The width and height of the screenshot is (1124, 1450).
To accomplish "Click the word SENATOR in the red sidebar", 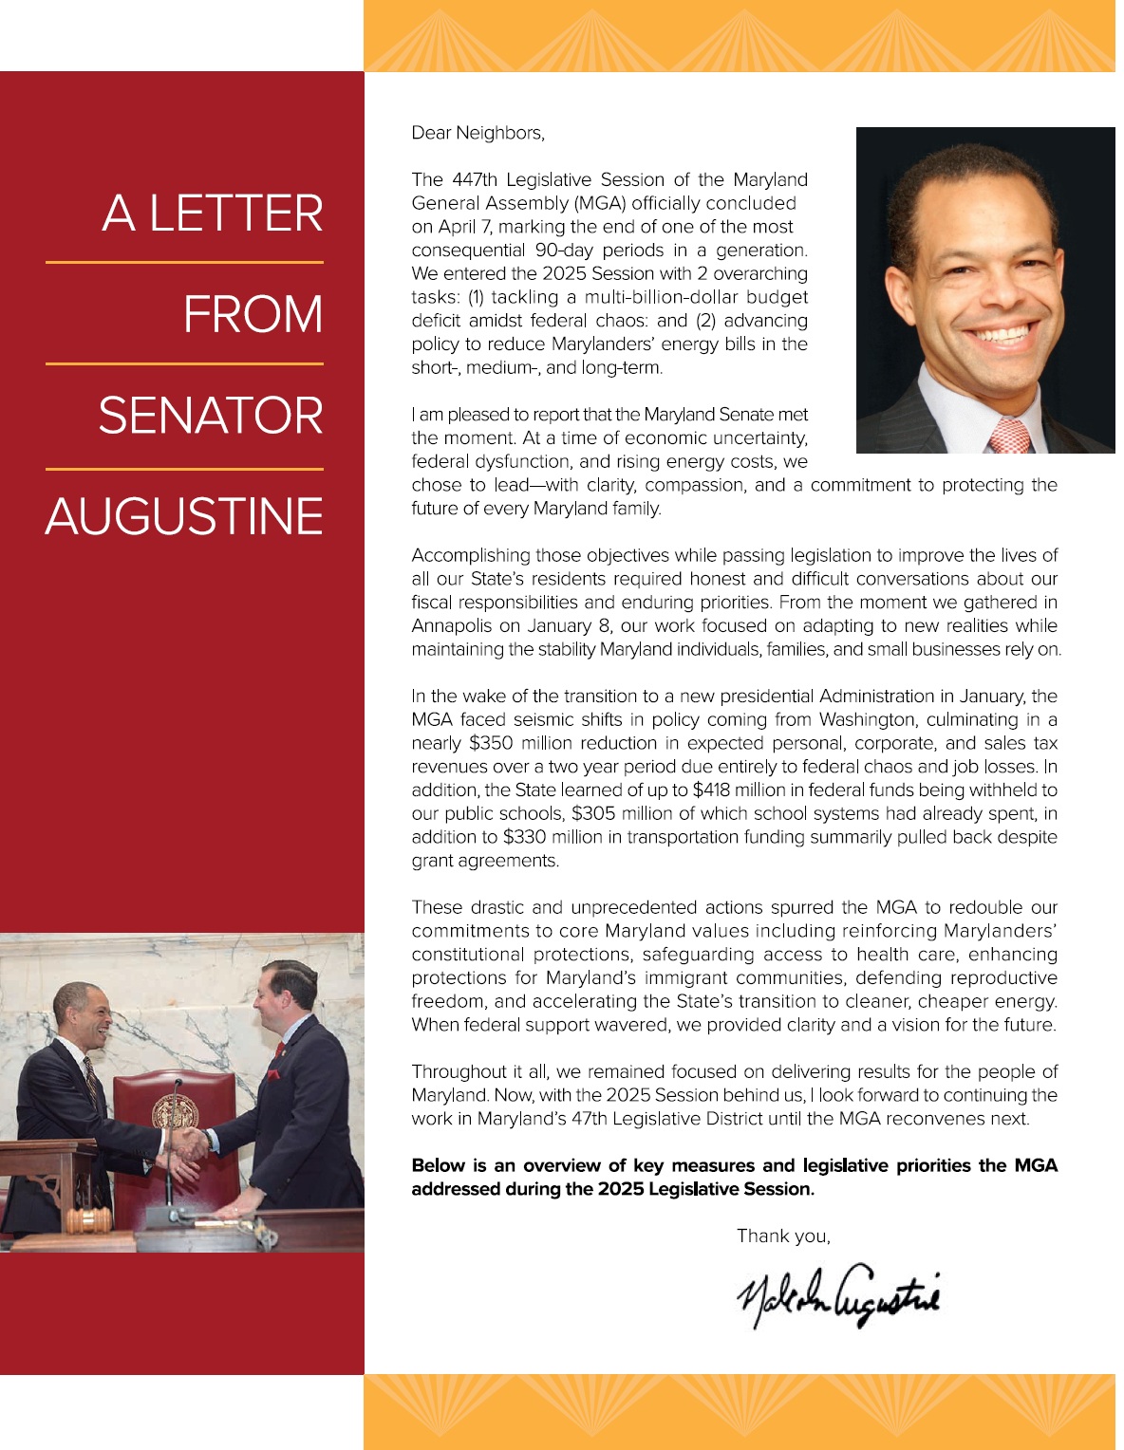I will pyautogui.click(x=211, y=416).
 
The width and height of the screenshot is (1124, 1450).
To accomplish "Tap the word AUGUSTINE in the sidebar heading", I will pyautogui.click(x=184, y=516).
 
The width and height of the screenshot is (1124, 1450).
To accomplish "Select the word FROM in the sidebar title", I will pyautogui.click(x=253, y=314).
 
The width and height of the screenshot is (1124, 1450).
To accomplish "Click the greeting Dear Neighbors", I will pyautogui.click(x=478, y=133).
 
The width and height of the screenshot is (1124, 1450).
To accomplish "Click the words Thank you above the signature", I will pyautogui.click(x=783, y=1236).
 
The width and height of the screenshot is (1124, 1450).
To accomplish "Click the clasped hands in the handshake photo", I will pyautogui.click(x=190, y=1143).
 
